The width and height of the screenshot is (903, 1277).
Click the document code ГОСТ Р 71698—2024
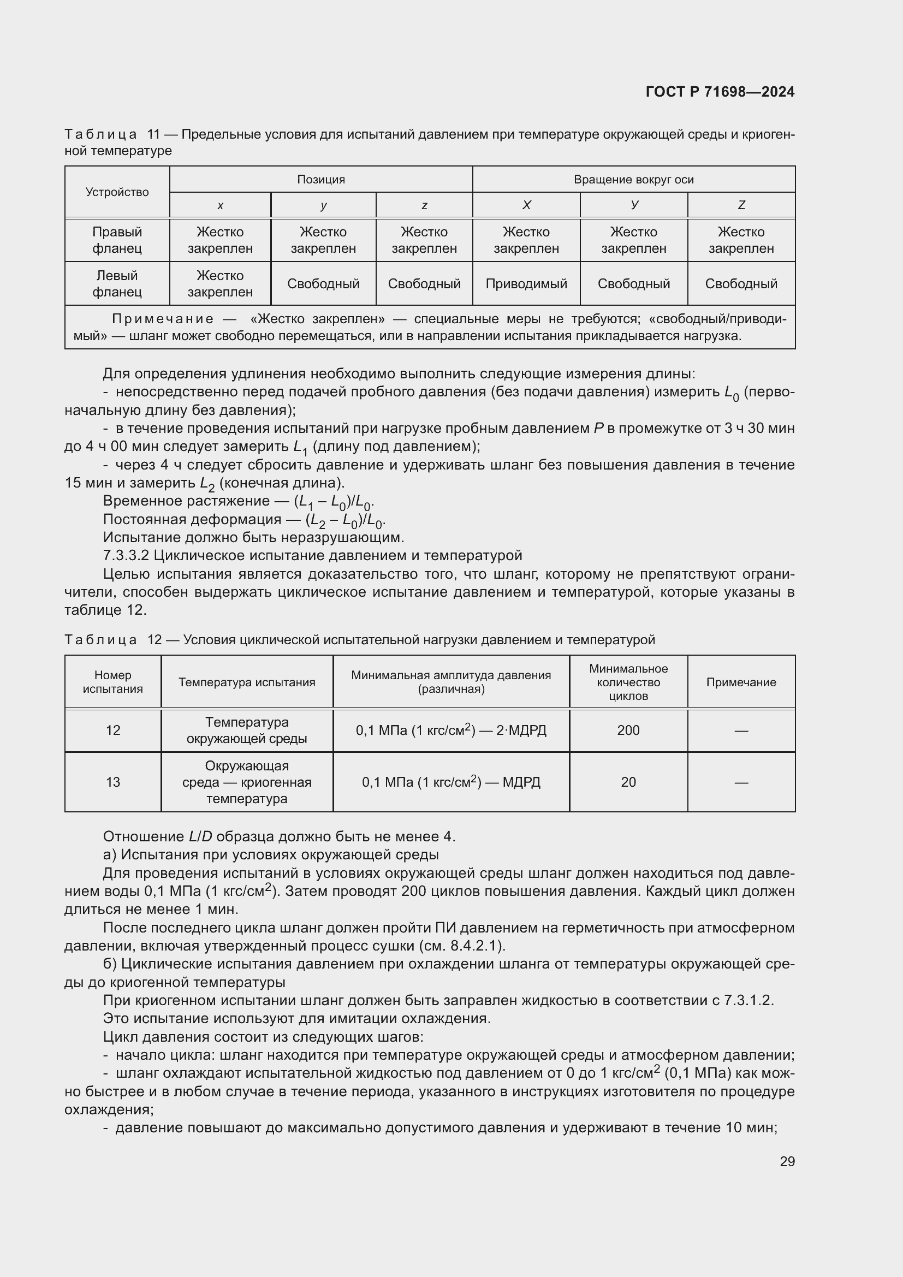(x=720, y=92)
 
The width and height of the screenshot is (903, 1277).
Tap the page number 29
(x=787, y=1161)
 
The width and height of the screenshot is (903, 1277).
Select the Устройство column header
(x=117, y=192)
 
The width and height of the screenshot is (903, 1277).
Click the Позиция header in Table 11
(x=321, y=179)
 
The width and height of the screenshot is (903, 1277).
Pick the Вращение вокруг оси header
(x=633, y=179)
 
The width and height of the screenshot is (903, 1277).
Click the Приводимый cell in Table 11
(x=526, y=284)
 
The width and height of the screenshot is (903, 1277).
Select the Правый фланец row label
(x=117, y=240)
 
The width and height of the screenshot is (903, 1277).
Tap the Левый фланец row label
(x=117, y=284)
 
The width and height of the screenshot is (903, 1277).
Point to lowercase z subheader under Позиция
(x=424, y=205)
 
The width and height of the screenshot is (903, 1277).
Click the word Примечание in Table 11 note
(x=163, y=319)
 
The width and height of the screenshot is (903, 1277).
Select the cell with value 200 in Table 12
(x=628, y=730)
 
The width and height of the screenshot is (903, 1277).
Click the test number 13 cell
(x=113, y=782)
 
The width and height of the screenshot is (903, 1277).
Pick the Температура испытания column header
(x=247, y=682)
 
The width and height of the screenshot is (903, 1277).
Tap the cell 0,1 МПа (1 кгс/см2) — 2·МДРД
(x=451, y=730)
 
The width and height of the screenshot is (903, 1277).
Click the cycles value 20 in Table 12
(x=628, y=782)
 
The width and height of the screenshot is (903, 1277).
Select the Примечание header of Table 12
(x=741, y=682)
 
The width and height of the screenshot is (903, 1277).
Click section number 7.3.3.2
(x=126, y=556)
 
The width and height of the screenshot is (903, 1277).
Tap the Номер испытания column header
(x=113, y=682)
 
